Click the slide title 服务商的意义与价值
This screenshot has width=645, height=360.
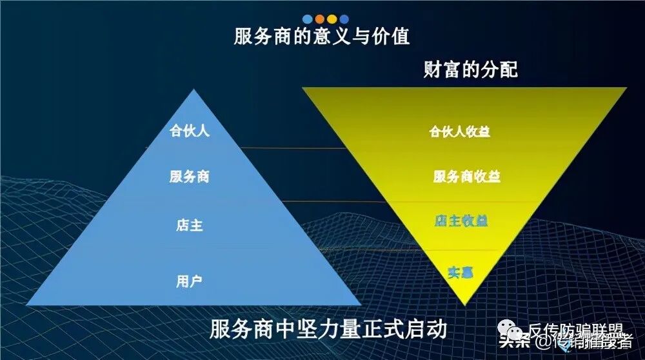(322, 36)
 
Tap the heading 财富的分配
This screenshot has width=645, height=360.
(470, 70)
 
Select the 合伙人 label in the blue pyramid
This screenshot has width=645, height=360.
(189, 131)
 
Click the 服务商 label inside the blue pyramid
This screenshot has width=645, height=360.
(189, 176)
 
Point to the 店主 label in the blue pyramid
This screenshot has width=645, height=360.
(189, 226)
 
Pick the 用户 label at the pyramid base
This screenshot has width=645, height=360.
(189, 281)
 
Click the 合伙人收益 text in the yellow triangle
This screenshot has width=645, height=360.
(460, 132)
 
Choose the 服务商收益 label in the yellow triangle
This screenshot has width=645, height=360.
(466, 176)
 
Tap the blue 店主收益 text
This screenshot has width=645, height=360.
(461, 221)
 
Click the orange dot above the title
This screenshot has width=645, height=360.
(319, 19)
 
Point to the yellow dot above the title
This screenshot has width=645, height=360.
(332, 19)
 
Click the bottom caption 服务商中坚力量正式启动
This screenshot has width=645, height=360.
(328, 329)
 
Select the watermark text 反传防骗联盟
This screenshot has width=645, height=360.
(575, 330)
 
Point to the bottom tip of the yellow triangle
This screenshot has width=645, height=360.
(464, 304)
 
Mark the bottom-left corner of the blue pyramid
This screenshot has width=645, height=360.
(28, 305)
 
